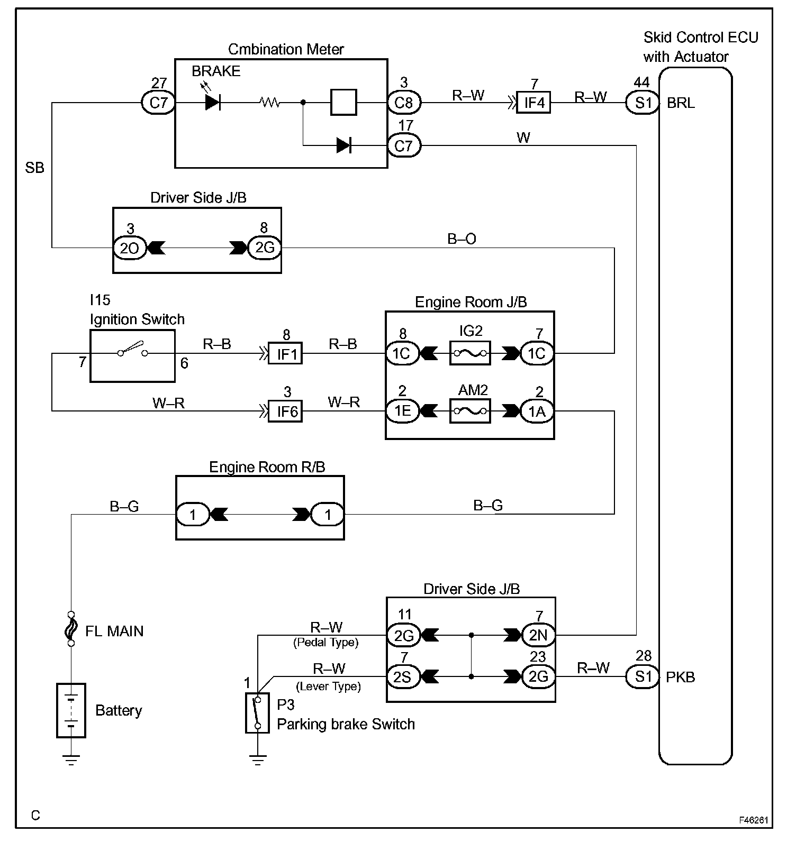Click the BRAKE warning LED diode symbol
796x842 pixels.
[x=212, y=103]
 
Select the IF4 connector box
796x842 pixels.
[x=534, y=102]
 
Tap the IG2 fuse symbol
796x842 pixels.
[x=470, y=353]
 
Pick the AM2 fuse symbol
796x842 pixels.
[x=470, y=411]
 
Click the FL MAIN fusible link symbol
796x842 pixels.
[x=71, y=629]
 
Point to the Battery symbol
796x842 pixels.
[x=71, y=710]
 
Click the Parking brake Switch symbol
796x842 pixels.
[x=257, y=713]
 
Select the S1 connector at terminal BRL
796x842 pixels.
[x=643, y=103]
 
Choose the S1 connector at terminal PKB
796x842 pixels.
[x=643, y=677]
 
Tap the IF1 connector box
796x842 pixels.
[x=286, y=353]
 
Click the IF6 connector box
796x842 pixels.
[x=286, y=411]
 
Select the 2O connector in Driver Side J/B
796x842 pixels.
[x=130, y=248]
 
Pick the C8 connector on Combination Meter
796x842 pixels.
[x=404, y=103]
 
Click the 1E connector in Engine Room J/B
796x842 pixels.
[x=402, y=411]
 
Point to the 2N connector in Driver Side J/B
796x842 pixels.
[x=538, y=635]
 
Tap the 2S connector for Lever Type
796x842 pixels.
[x=403, y=676]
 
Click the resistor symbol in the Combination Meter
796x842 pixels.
[x=270, y=103]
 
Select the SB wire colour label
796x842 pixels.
[x=35, y=168]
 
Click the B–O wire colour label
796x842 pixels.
[x=462, y=239]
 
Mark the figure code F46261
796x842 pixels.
[x=754, y=820]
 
